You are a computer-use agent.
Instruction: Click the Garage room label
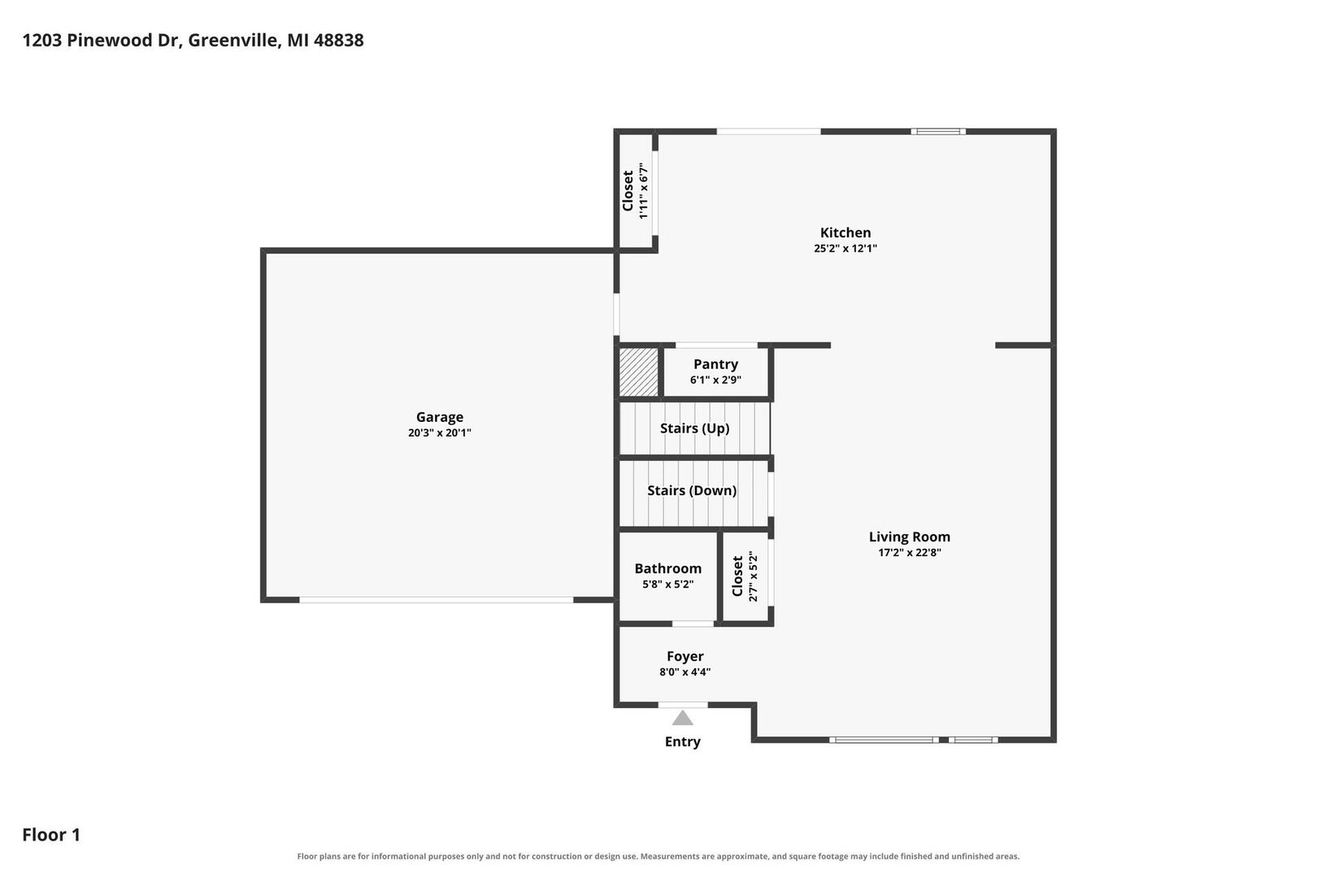(439, 417)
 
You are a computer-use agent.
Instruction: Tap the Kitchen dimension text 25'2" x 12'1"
(845, 248)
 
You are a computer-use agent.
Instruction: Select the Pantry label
(715, 364)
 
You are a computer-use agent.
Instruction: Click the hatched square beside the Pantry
(639, 372)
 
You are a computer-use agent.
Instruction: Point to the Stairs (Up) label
(694, 428)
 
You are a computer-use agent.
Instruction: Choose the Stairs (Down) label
(691, 490)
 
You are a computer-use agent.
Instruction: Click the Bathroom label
(668, 568)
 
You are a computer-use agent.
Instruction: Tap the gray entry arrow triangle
(682, 718)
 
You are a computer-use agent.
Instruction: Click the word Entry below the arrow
(683, 741)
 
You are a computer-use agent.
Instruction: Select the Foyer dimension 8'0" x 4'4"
(685, 672)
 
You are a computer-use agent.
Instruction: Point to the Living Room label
(910, 537)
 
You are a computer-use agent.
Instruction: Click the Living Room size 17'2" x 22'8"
(910, 552)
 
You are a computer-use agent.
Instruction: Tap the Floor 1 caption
(51, 834)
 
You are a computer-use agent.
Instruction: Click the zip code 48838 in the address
(339, 40)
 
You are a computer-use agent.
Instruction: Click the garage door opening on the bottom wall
(437, 600)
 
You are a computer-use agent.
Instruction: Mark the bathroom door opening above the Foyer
(693, 624)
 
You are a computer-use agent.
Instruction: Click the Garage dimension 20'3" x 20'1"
(439, 432)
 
